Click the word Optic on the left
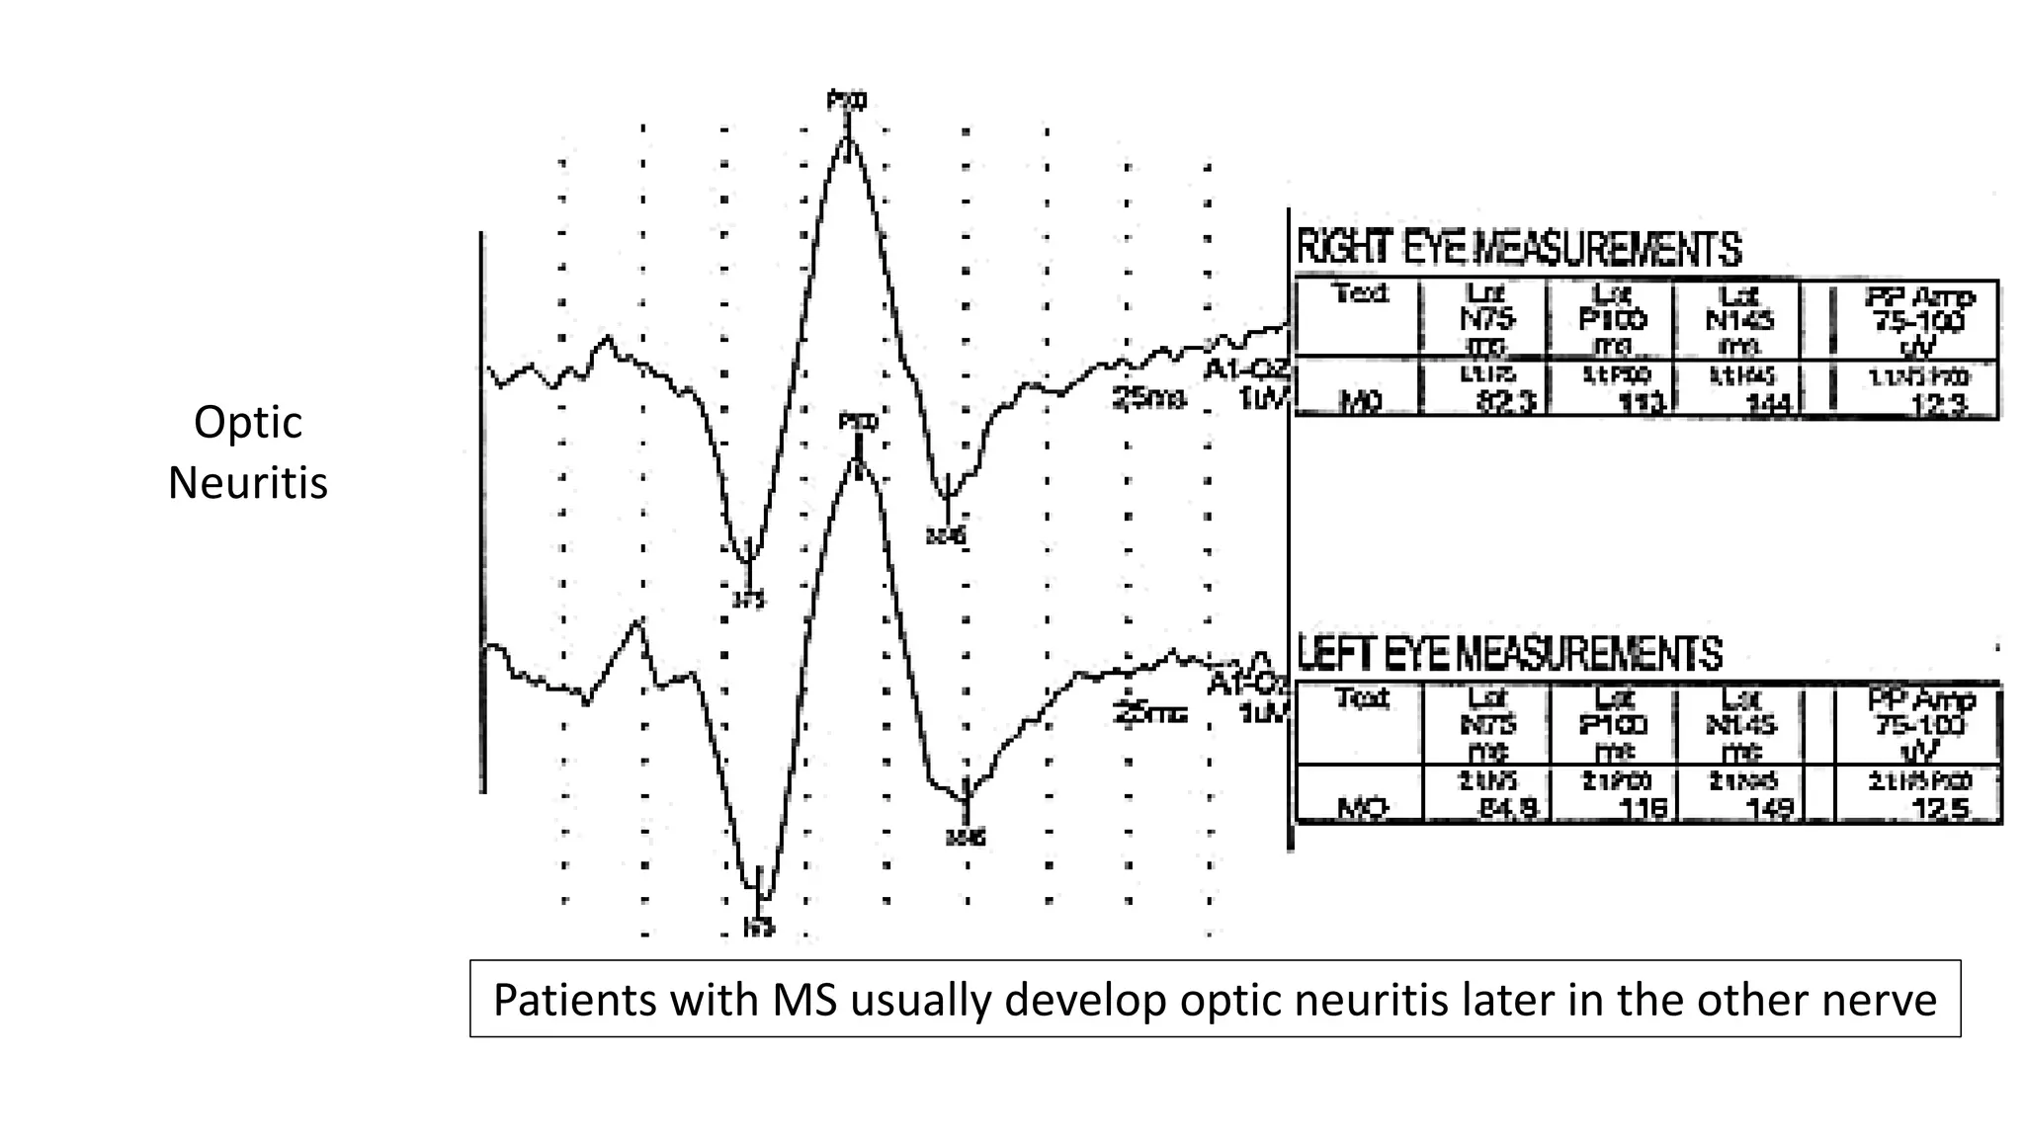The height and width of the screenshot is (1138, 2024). (x=247, y=423)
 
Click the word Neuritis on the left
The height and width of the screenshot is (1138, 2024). (x=247, y=484)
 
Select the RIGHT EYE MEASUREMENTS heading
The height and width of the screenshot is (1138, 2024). (x=1518, y=249)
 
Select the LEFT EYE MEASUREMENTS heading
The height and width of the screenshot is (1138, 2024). (x=1509, y=654)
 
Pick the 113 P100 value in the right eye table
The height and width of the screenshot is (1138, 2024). (x=1643, y=403)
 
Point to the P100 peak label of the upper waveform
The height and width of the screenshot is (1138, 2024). (x=847, y=100)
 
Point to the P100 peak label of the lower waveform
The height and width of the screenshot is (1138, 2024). (x=858, y=422)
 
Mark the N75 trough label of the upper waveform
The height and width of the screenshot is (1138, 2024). (x=748, y=599)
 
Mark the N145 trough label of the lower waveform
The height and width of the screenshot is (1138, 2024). (x=965, y=839)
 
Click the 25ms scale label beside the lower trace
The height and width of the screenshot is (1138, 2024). (x=1148, y=713)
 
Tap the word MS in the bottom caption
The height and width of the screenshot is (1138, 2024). (x=803, y=1000)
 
